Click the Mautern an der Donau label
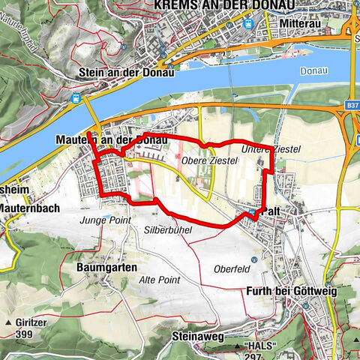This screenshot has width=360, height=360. coord(110,139)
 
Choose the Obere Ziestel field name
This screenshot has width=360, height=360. coord(203,160)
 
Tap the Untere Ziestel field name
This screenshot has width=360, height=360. coord(271,150)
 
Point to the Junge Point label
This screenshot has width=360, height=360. coord(105,220)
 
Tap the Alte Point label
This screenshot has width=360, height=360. coord(158,278)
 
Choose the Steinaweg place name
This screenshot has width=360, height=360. coord(197,337)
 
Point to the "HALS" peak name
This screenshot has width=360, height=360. coord(261,346)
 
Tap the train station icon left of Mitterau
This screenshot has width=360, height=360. coord(248,23)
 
